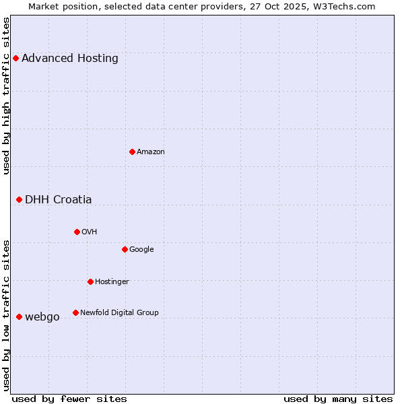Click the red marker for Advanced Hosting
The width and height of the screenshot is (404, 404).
click(x=15, y=58)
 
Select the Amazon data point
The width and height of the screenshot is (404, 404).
click(x=132, y=151)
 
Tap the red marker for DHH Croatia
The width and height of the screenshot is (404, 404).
click(x=19, y=199)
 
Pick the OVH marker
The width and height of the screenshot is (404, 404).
click(x=77, y=232)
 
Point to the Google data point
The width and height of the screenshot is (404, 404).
click(x=125, y=249)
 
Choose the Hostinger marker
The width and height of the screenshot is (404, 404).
click(x=90, y=281)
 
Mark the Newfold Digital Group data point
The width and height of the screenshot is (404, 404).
click(x=75, y=312)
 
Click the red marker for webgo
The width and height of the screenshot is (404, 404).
click(x=19, y=316)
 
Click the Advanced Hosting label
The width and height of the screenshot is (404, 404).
click(x=70, y=58)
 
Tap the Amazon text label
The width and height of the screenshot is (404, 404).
click(x=151, y=151)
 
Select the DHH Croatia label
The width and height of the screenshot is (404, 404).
click(x=59, y=199)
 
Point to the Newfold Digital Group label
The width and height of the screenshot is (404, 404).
click(x=120, y=312)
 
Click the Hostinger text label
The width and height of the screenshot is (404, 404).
click(x=112, y=281)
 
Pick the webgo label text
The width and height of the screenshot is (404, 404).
click(x=42, y=316)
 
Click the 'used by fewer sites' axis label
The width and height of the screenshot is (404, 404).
click(x=69, y=399)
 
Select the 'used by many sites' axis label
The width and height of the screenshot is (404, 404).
click(x=338, y=399)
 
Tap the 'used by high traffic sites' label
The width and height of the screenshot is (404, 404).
click(x=7, y=96)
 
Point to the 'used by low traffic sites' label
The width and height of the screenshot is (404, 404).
click(x=7, y=314)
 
